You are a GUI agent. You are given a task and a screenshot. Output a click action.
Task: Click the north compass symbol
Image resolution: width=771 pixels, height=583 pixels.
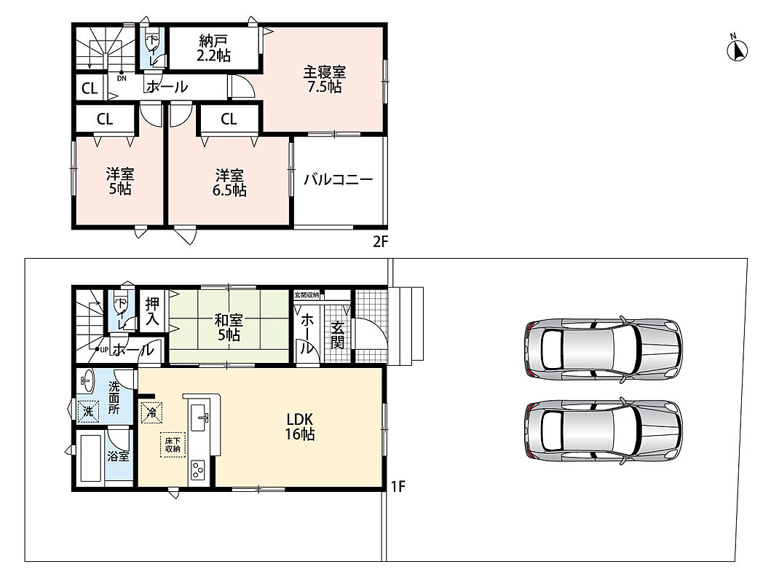click(x=737, y=50)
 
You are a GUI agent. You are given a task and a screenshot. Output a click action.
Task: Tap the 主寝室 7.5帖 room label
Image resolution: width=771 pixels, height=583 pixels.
click(x=324, y=79)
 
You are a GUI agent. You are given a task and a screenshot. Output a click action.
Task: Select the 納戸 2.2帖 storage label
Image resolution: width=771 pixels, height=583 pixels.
click(x=213, y=47)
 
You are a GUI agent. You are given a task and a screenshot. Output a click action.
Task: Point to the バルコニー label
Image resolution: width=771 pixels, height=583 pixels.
click(x=338, y=179)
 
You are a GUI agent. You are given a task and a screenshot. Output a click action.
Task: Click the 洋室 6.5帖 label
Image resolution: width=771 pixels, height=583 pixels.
click(x=229, y=182)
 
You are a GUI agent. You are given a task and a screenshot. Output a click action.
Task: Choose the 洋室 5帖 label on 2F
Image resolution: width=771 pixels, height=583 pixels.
click(x=119, y=181)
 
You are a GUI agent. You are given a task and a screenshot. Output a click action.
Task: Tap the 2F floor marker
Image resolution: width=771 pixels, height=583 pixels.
click(x=380, y=241)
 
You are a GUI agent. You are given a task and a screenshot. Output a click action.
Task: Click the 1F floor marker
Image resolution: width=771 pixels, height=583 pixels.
click(x=398, y=487)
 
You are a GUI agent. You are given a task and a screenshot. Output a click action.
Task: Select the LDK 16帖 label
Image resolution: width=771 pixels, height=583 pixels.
click(x=300, y=426)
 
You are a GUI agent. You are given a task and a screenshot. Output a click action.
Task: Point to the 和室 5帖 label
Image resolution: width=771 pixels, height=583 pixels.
click(x=229, y=328)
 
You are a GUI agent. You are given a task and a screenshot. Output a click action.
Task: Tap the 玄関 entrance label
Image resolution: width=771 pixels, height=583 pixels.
click(x=337, y=335)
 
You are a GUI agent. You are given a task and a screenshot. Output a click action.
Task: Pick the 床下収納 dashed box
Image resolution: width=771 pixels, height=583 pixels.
click(x=172, y=445)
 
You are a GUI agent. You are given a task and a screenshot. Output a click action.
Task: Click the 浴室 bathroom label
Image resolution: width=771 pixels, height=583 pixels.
click(x=118, y=456)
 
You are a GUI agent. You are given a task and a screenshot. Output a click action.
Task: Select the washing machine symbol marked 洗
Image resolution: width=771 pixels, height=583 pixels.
click(x=89, y=411)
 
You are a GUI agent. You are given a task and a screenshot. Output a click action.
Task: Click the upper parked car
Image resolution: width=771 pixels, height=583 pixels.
click(x=604, y=349)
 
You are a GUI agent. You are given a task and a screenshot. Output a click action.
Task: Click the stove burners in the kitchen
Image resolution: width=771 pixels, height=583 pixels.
click(x=198, y=471)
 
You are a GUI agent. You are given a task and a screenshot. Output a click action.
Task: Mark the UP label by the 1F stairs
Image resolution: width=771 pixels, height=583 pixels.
click(x=104, y=350)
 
